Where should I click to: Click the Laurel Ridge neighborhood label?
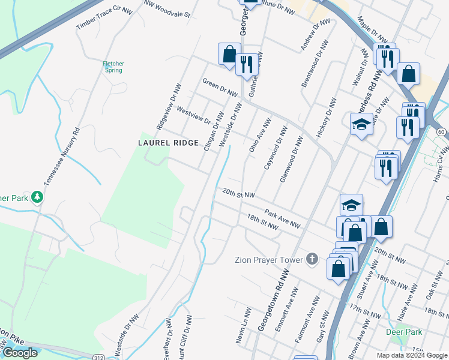pyautogui.click(x=168, y=143)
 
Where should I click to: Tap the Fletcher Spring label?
pyautogui.click(x=113, y=66)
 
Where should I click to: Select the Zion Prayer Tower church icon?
pyautogui.click(x=312, y=259)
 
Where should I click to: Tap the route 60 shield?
pyautogui.click(x=441, y=131)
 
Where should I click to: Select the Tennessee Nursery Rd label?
pyautogui.click(x=60, y=156)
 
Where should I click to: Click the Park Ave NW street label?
pyautogui.click(x=282, y=218)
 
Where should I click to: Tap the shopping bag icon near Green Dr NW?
pyautogui.click(x=229, y=54)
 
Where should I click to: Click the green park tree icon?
pyautogui.click(x=37, y=196)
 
